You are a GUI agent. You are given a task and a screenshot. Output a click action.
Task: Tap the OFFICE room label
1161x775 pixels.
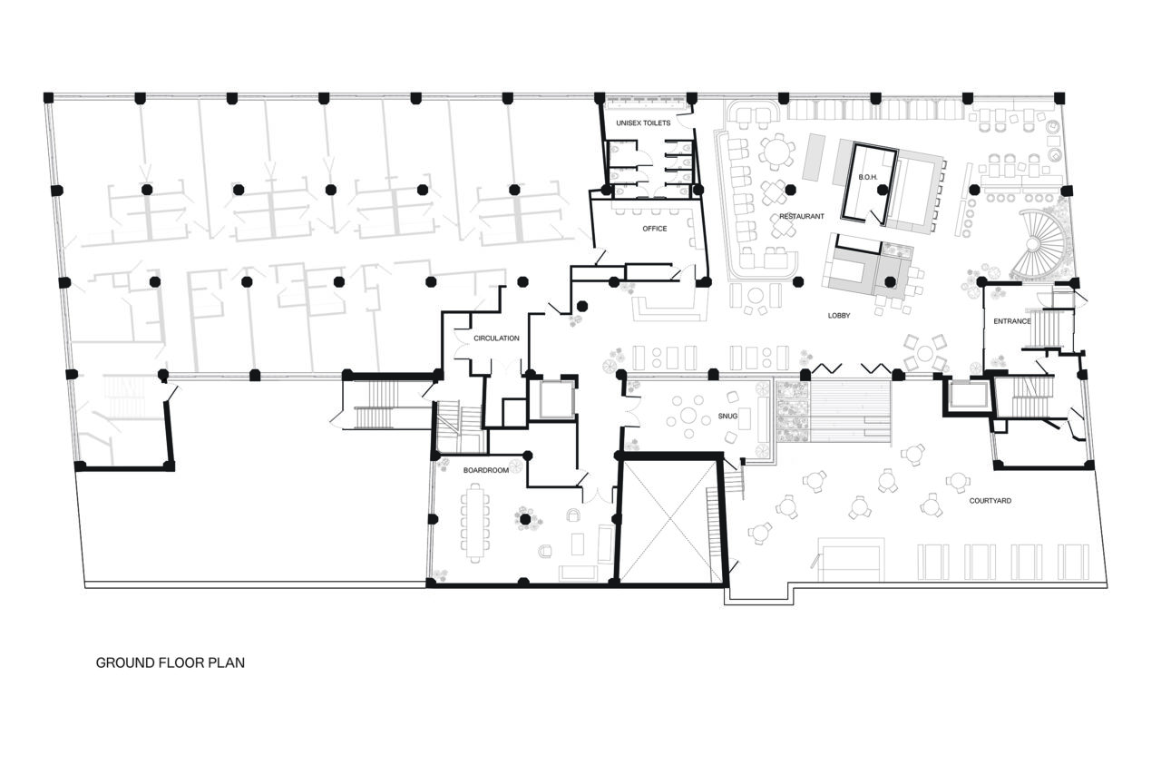tap(654, 229)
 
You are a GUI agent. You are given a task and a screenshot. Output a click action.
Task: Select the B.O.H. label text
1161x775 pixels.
tap(866, 177)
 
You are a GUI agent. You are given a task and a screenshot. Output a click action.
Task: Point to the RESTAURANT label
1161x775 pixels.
tap(801, 216)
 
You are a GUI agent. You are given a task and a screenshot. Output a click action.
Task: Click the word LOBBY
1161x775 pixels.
tap(838, 315)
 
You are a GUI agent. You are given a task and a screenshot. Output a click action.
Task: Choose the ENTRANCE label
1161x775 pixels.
tap(1011, 321)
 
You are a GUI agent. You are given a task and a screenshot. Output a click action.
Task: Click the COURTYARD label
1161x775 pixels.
tap(990, 501)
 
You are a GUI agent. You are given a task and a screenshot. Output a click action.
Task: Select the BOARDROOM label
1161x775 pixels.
tap(483, 470)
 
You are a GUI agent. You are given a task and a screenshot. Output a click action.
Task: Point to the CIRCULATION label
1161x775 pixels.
tap(496, 338)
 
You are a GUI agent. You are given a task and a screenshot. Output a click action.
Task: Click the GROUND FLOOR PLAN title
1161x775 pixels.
tap(171, 663)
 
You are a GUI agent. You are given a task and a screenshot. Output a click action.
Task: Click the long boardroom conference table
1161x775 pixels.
tap(474, 523)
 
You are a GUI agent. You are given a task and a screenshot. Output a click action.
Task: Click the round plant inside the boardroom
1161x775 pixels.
tap(524, 519)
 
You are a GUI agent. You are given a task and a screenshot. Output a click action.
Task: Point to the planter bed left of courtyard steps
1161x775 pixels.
tap(791, 410)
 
